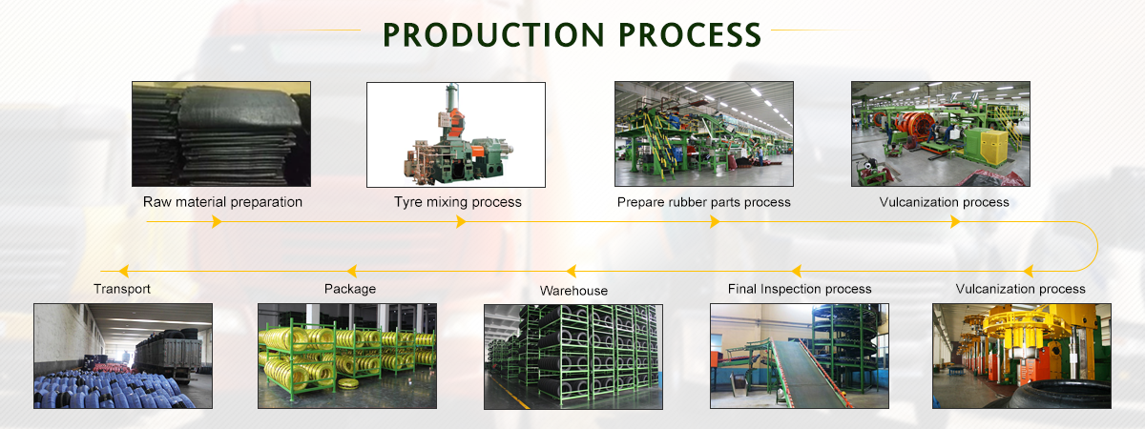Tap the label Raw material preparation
(222, 202)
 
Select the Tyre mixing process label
(458, 202)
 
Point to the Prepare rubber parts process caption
(704, 202)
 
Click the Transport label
(122, 289)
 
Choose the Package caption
(350, 289)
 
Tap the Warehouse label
(573, 291)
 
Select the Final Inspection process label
(800, 289)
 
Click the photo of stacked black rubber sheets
(221, 133)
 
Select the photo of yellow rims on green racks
(347, 356)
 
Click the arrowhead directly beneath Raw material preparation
(217, 222)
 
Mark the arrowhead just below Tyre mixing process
(462, 222)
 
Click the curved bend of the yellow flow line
(1095, 246)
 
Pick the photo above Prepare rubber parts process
(703, 133)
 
